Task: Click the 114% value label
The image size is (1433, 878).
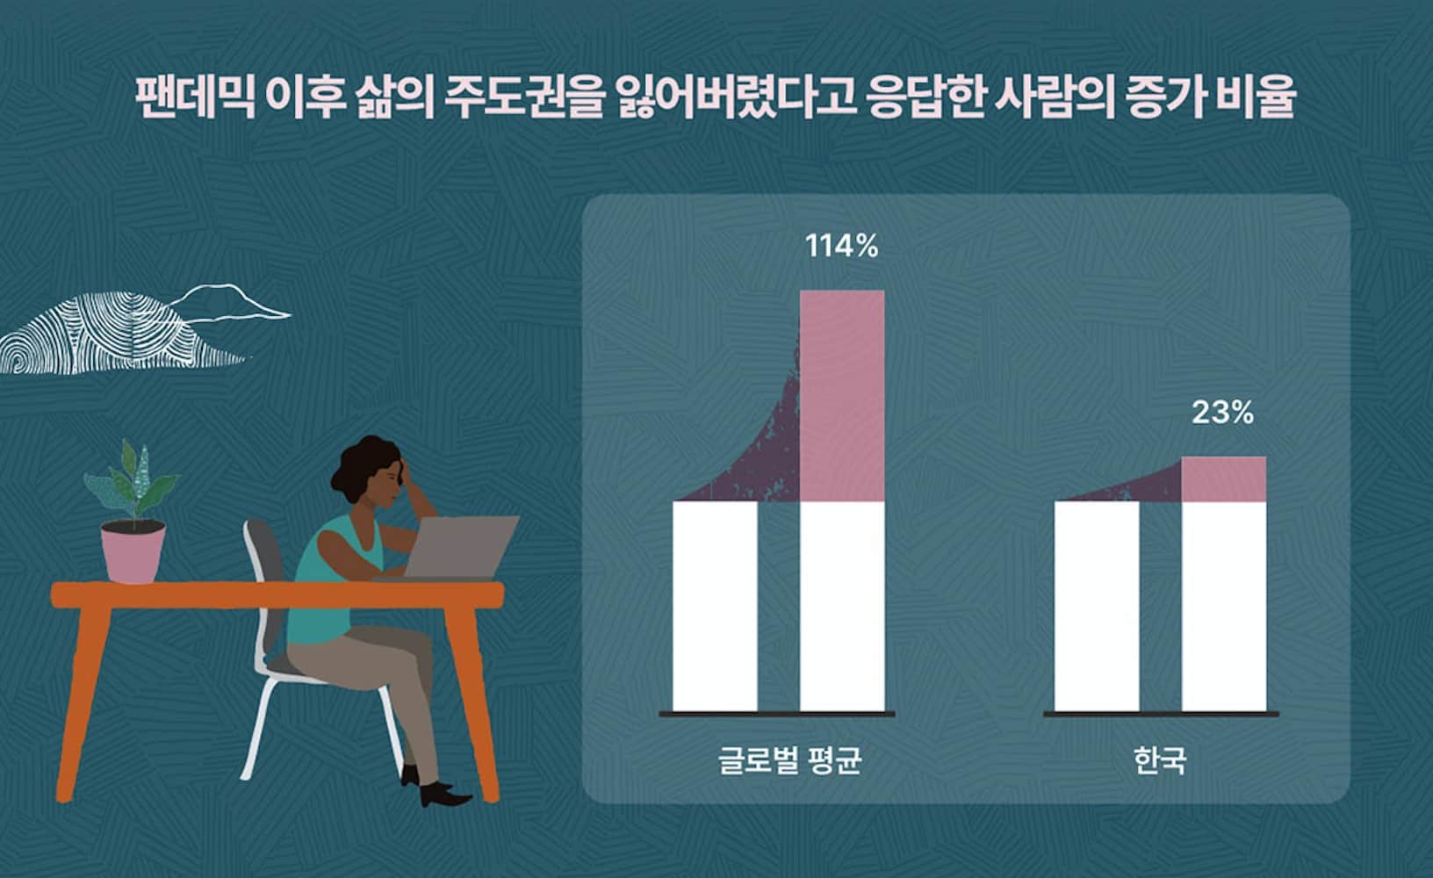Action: click(x=841, y=246)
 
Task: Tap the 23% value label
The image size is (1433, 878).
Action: click(x=1222, y=413)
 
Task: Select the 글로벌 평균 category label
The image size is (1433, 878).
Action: click(x=790, y=760)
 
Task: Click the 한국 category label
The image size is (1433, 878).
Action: click(x=1160, y=760)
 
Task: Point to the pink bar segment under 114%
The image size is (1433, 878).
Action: click(x=843, y=396)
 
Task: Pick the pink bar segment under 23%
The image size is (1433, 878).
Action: click(x=1224, y=479)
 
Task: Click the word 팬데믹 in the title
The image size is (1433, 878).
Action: click(x=195, y=97)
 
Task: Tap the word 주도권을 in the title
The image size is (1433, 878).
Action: click(x=524, y=97)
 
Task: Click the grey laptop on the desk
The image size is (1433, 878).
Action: click(x=459, y=547)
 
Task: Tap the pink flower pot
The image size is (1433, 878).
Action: click(x=133, y=551)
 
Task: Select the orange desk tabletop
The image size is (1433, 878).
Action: click(x=277, y=594)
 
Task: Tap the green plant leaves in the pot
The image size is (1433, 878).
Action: click(x=133, y=479)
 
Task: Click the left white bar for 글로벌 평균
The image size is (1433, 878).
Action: click(x=716, y=606)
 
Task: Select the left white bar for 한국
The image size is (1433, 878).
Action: click(x=1097, y=606)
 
